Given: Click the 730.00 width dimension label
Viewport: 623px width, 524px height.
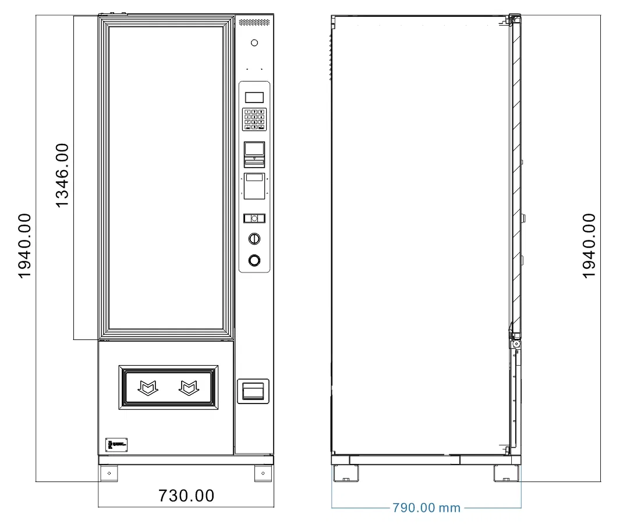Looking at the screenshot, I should coord(186,496).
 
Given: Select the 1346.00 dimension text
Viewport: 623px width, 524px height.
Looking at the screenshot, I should coord(62,175).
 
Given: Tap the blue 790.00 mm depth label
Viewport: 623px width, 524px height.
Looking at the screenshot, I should coord(426,508).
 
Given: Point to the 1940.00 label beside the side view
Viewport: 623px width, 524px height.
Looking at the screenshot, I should coord(589,245).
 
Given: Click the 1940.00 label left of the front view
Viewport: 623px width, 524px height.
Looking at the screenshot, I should coord(24,245).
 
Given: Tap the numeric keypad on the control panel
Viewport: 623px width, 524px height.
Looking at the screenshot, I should coord(254,119).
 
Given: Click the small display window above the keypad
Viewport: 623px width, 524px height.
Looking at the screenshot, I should coord(254,97).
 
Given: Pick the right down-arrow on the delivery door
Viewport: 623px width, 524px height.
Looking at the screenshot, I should coord(188,387).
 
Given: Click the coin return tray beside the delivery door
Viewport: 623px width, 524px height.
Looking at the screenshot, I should coord(254,391).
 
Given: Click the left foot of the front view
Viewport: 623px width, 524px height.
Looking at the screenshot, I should coord(108,473).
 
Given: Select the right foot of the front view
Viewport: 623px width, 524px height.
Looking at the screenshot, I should coord(263,473).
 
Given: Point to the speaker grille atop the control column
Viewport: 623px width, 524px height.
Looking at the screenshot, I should coord(254,22).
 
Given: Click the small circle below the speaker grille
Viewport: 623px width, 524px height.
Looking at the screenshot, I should coord(254,43).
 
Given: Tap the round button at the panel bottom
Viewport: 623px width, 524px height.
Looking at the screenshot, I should coord(254,260).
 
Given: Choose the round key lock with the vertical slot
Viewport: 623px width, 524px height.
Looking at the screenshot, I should coord(254,238).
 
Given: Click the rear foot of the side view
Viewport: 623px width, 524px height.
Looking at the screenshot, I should coord(344,473).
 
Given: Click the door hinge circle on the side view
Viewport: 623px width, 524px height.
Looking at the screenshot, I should coord(516,344).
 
